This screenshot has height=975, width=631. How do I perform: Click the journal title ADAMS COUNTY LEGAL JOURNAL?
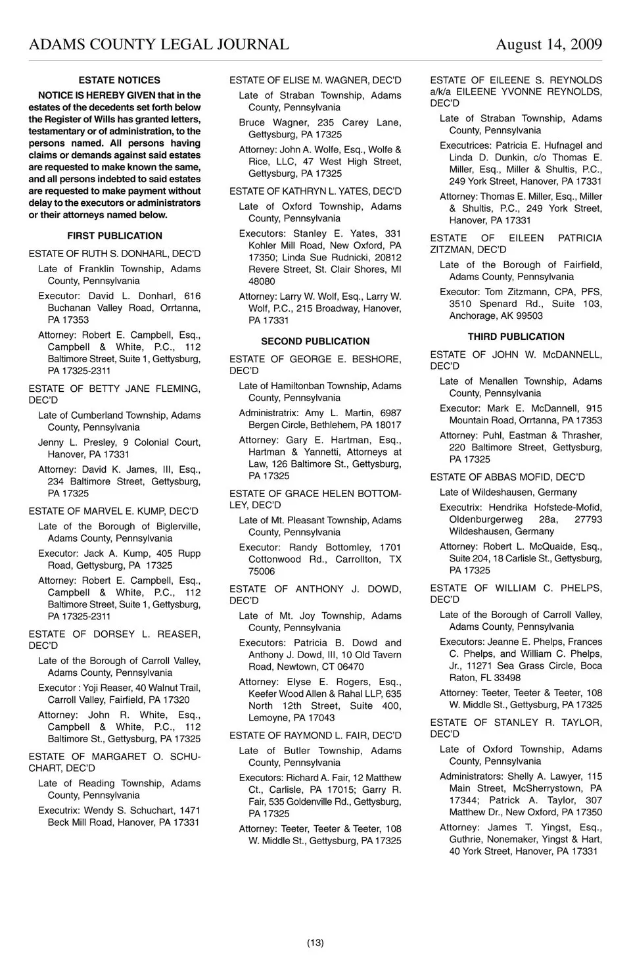point(158,45)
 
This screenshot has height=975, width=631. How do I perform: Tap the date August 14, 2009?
point(548,45)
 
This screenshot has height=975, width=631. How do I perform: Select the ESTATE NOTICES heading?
point(119,80)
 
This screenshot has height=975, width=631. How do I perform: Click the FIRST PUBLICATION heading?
point(114,236)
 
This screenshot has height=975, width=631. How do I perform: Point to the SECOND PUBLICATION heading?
point(315,341)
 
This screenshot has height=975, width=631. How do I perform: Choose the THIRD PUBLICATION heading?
point(516,337)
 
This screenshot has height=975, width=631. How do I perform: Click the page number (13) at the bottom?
point(315,943)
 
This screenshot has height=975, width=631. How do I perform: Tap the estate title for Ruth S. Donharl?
point(114,254)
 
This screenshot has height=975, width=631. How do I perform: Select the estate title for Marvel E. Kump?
point(113,511)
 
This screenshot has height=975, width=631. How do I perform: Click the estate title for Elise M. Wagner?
point(315,80)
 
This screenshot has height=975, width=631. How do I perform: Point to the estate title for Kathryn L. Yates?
point(315,191)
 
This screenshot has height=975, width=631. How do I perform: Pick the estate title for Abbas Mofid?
point(507,477)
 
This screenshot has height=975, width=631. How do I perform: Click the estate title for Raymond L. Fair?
point(315,736)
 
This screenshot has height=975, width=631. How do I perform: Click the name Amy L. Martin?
point(330,413)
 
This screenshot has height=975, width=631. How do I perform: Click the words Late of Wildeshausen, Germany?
point(508,492)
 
